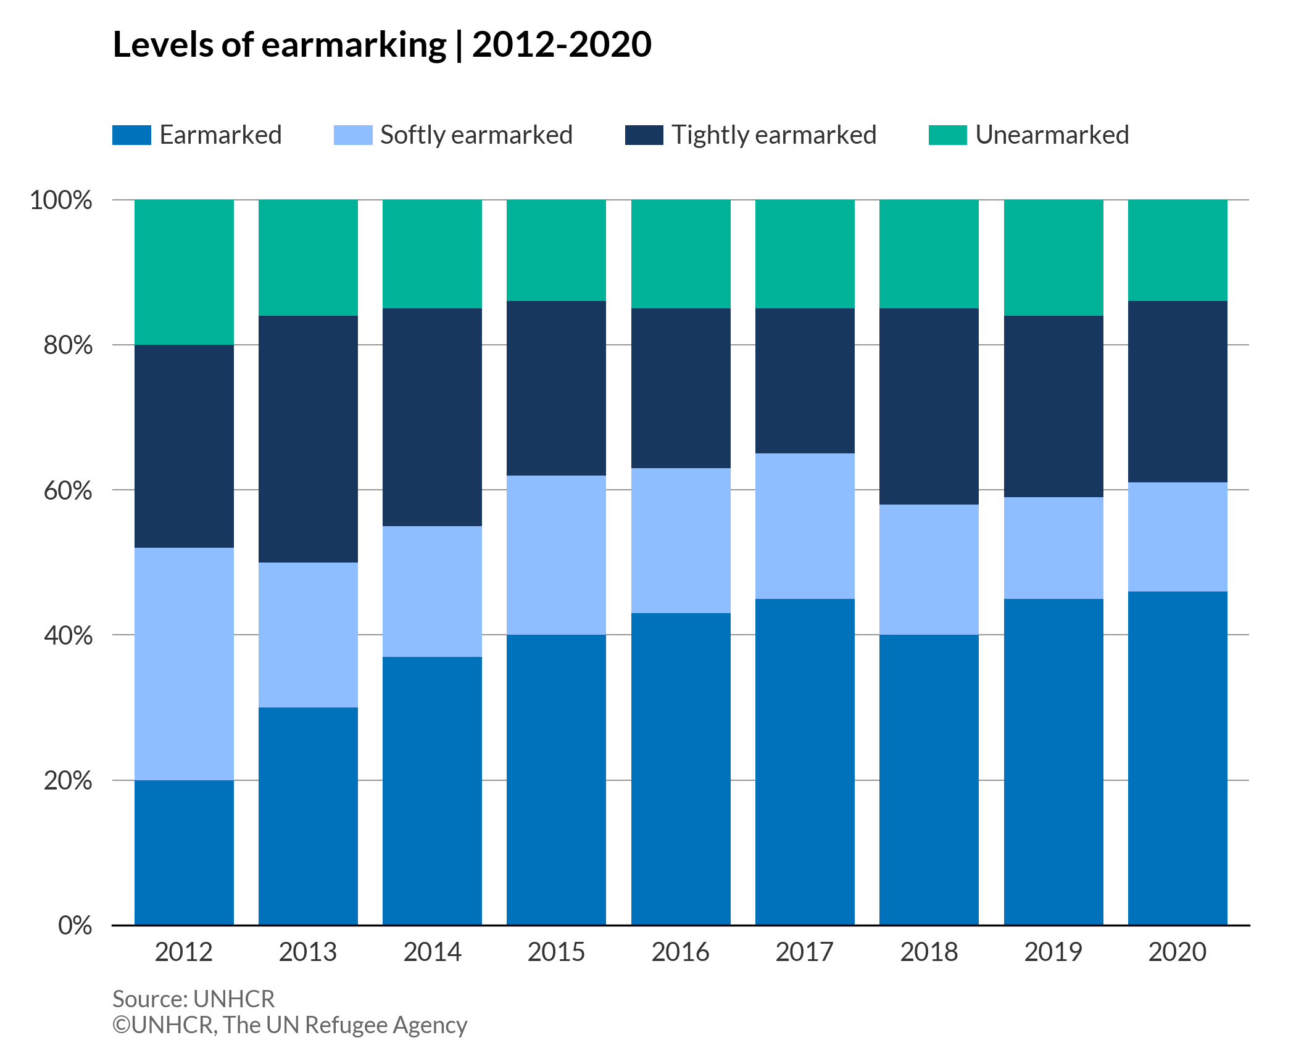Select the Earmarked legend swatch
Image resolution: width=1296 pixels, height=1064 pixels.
click(x=131, y=135)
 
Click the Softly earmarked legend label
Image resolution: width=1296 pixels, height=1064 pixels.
click(x=476, y=135)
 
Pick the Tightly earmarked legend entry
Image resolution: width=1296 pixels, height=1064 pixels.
click(x=773, y=135)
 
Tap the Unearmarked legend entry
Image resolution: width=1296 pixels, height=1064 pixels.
click(x=1052, y=135)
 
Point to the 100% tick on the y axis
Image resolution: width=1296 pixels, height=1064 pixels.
click(x=61, y=200)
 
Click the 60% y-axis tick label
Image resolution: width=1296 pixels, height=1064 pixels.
click(x=68, y=490)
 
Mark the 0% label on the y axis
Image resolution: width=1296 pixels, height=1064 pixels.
click(x=75, y=925)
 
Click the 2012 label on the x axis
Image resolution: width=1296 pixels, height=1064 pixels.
click(x=184, y=952)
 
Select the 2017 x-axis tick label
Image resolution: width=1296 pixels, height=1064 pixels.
click(x=805, y=952)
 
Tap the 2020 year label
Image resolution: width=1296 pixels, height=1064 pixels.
click(x=1178, y=952)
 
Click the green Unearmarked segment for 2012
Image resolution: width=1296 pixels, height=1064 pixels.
click(x=184, y=272)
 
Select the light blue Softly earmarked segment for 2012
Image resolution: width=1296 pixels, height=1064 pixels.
click(x=184, y=664)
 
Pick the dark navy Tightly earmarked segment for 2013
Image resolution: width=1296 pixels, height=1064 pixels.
click(x=308, y=439)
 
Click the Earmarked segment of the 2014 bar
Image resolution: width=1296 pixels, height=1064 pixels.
click(x=432, y=791)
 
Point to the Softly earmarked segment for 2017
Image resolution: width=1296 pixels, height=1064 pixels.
click(x=805, y=526)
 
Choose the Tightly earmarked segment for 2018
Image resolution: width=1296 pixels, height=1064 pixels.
click(x=929, y=406)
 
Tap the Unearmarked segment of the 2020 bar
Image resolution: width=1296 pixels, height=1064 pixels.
click(x=1178, y=250)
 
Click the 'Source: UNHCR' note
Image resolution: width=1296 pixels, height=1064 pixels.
click(x=193, y=999)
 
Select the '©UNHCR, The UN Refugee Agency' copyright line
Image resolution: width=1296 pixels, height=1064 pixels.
click(x=289, y=1025)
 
